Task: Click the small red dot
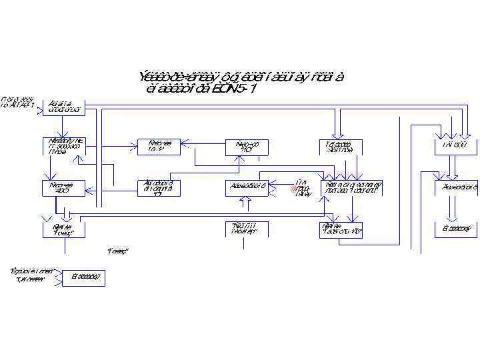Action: (293, 189)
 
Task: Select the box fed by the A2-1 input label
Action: (64, 107)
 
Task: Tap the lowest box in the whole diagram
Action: (83, 277)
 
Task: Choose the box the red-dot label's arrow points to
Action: (352, 187)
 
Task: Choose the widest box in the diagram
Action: (352, 187)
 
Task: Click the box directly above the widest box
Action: (340, 146)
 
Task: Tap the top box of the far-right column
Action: (455, 145)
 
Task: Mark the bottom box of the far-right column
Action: (457, 229)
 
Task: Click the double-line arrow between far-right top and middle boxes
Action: (453, 167)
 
